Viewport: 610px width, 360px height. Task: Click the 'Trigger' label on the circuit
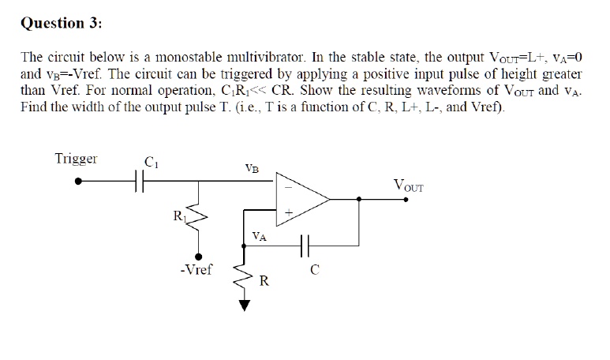[x=76, y=158]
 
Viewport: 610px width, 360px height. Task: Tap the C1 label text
[x=152, y=164]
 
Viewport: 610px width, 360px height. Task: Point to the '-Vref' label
[x=196, y=270]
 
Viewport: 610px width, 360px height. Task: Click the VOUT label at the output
[x=408, y=186]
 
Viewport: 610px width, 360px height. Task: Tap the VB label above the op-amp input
[x=252, y=167]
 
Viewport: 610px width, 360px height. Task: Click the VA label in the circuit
[x=259, y=235]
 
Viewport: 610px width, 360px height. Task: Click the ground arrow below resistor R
[x=244, y=305]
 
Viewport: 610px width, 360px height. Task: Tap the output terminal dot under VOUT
[x=406, y=200]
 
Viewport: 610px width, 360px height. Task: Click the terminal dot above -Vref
[x=200, y=256]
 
